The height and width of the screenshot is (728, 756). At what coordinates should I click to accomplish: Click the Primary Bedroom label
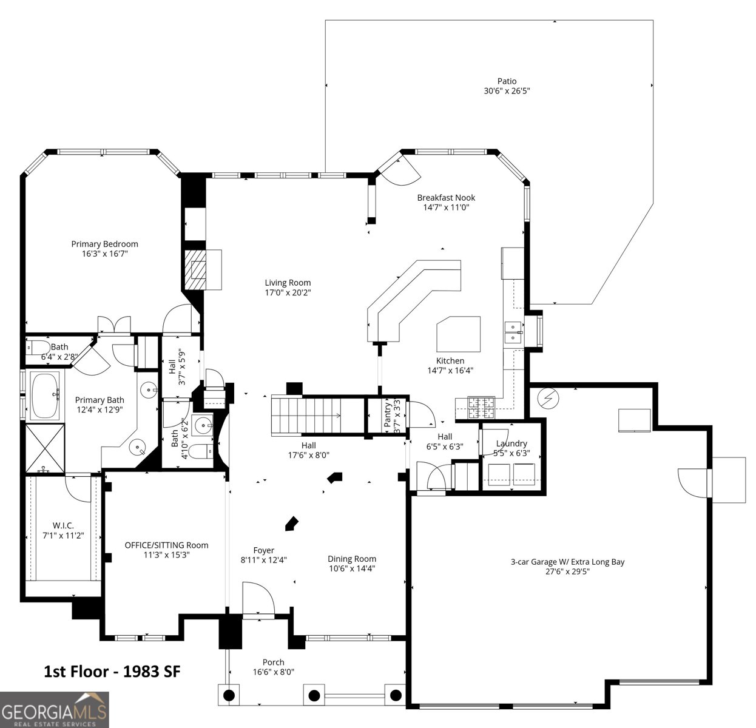pos(104,244)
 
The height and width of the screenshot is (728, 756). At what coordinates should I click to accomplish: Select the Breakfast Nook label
pos(446,198)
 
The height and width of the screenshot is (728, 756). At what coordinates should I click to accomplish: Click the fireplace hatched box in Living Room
pos(195,269)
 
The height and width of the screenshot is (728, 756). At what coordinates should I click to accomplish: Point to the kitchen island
pos(459,334)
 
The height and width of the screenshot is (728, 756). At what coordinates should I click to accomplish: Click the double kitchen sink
pos(513,331)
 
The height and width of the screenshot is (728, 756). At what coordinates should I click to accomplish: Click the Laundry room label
pos(511,443)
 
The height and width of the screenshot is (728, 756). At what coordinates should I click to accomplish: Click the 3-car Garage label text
pos(567,562)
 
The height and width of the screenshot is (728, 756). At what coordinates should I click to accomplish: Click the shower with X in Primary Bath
pos(44,448)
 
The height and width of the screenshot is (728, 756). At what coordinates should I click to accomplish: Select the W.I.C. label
pos(63,525)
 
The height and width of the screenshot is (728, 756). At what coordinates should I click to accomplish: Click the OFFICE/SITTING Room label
pos(166,545)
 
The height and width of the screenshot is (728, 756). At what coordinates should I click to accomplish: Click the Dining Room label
pos(352,559)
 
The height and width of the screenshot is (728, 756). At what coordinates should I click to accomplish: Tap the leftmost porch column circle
pos(229,695)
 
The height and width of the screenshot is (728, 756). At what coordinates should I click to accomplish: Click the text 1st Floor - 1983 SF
pos(112,671)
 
